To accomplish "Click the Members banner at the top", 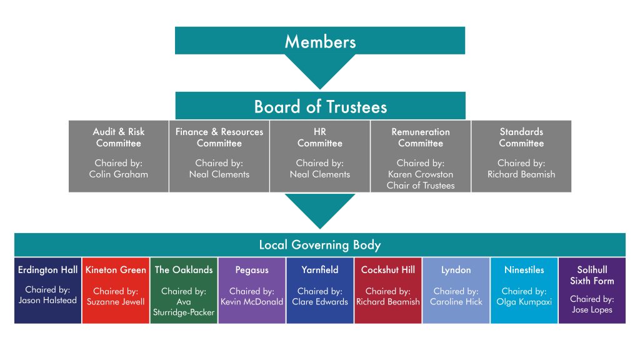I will [x=320, y=41].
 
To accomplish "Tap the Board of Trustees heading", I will [x=320, y=106].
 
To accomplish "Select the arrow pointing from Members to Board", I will [x=320, y=70].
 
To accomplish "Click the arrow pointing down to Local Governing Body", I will [x=320, y=210].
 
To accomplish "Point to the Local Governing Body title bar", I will [x=320, y=244].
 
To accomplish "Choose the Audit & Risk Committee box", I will [x=119, y=156].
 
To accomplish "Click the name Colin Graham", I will [x=119, y=174].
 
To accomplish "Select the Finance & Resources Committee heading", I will [x=219, y=137].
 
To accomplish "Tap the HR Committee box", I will [x=320, y=156].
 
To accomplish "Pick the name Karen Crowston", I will [x=421, y=174].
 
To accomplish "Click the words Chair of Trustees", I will [x=421, y=186].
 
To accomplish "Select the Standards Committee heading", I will [x=521, y=137].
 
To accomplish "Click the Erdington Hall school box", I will [x=48, y=291].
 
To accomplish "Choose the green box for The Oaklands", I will [x=184, y=291].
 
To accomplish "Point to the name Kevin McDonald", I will [x=252, y=302].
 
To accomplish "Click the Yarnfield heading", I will [x=320, y=270].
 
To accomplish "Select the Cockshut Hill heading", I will [x=388, y=270].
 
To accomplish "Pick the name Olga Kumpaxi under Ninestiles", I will [x=524, y=302].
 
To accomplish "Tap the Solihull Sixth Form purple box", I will [x=592, y=291].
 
